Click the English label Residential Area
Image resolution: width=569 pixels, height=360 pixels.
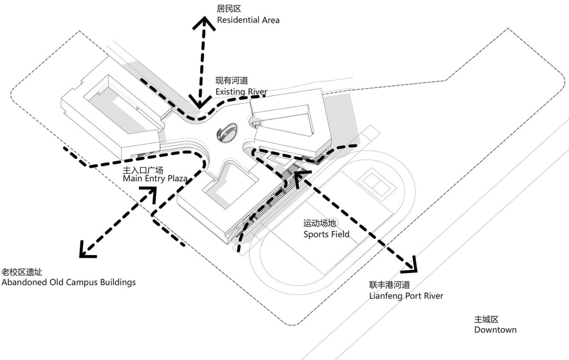coord(248,20)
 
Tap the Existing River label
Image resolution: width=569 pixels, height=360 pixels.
coord(241,92)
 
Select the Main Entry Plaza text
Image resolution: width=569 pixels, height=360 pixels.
coord(155,179)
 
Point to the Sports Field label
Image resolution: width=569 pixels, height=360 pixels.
coord(326,234)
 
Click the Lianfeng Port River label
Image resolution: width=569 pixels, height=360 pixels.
coord(406,296)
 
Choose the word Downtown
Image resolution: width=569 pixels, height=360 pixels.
coord(496,330)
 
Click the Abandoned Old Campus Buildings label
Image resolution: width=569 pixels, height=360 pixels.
coord(69,283)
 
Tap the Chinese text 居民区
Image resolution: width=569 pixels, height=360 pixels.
coord(229,9)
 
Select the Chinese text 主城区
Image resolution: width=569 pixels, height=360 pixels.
coord(486,319)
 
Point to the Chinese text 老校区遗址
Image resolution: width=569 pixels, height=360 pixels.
coord(22,272)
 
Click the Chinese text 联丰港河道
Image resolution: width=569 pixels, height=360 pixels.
coord(389,285)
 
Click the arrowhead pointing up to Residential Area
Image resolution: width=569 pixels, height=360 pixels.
coord(204,23)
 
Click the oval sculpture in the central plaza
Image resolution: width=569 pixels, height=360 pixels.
coord(227,133)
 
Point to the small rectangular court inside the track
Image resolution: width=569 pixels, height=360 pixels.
coord(376,185)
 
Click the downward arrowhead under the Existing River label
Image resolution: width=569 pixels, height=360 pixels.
coord(200,102)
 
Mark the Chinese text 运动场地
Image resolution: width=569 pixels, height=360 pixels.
coord(320,223)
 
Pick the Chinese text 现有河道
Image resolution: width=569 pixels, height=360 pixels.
coord(232,81)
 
